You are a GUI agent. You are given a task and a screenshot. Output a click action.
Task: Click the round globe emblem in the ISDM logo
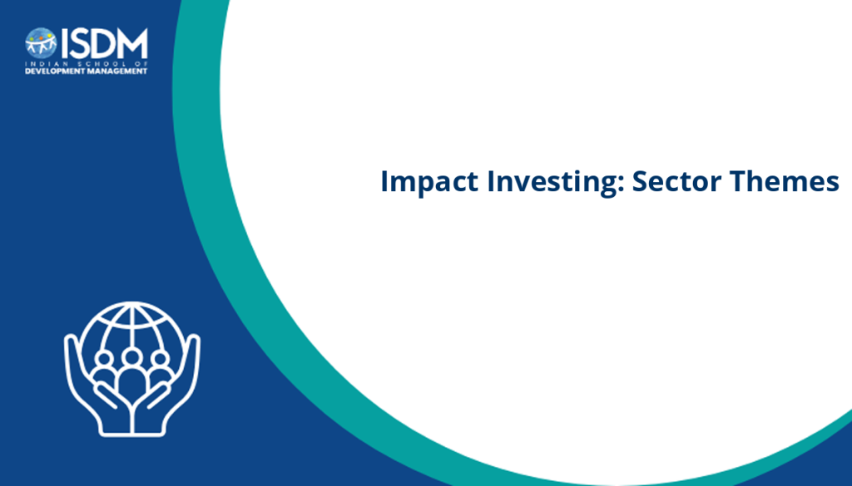pyautogui.click(x=41, y=43)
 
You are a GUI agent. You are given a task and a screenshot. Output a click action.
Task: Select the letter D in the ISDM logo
pyautogui.click(x=102, y=43)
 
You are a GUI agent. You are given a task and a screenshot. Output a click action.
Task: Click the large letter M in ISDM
pyautogui.click(x=132, y=43)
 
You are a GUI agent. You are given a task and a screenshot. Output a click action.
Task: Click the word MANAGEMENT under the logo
pyautogui.click(x=115, y=71)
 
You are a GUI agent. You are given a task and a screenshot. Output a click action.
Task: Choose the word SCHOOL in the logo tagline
pyautogui.click(x=92, y=64)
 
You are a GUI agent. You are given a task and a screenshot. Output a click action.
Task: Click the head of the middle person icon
pyautogui.click(x=131, y=357)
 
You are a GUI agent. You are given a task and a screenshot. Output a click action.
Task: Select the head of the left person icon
pyautogui.click(x=104, y=359)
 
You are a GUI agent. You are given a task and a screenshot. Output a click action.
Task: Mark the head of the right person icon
pyautogui.click(x=160, y=359)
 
